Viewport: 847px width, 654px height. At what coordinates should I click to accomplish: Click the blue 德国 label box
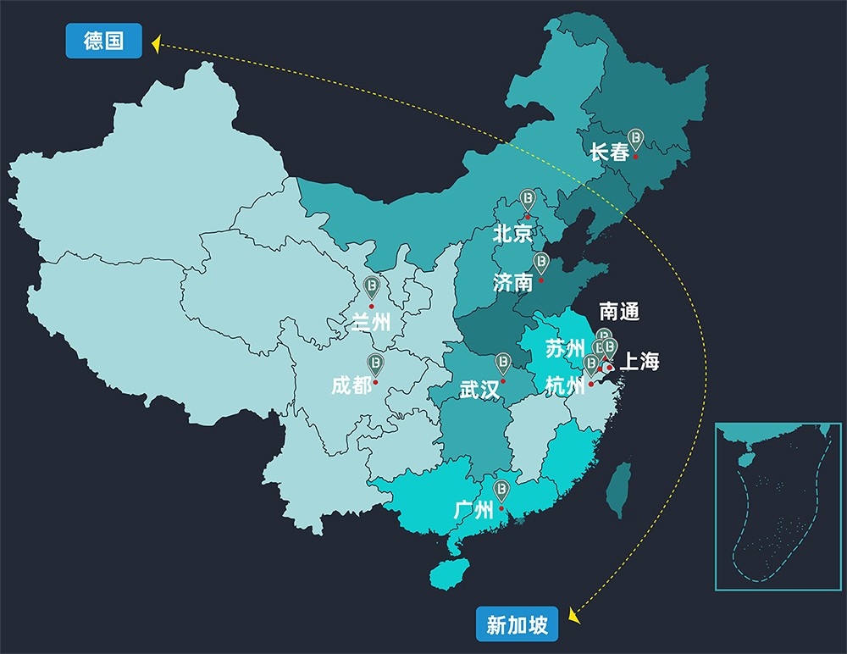104,41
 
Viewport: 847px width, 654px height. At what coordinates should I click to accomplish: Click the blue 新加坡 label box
517,625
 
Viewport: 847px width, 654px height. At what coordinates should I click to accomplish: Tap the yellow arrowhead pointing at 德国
156,43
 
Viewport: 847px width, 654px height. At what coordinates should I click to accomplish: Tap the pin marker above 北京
528,200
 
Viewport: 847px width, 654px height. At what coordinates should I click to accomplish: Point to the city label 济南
513,282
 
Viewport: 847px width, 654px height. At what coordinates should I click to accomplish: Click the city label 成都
351,386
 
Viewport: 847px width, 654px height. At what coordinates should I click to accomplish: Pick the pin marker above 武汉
503,363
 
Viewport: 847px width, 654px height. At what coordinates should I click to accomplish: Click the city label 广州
473,510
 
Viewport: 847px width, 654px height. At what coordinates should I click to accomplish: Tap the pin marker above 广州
501,490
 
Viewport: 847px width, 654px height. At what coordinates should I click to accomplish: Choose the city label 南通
618,312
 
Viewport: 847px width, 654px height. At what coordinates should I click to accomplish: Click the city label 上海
639,362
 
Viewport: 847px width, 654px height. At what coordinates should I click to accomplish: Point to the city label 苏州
565,348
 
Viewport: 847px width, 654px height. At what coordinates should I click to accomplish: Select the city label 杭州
565,386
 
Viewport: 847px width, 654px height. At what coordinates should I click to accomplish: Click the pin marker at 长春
635,139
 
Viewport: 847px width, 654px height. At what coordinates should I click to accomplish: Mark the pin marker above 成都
375,364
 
